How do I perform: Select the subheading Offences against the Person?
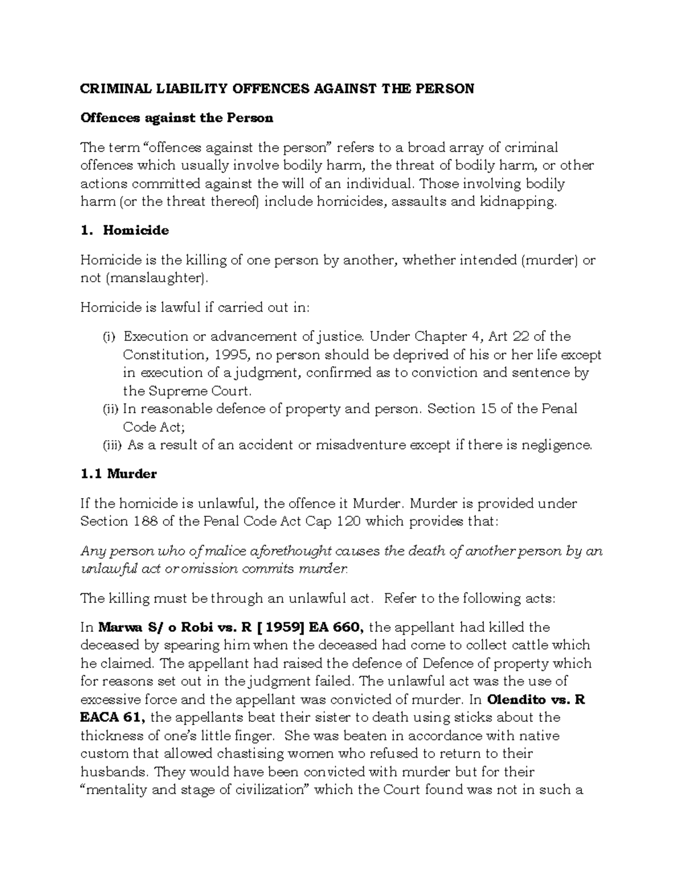(176, 118)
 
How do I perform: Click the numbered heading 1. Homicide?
(125, 231)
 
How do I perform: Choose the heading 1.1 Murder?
(118, 474)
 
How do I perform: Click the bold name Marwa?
(122, 627)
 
